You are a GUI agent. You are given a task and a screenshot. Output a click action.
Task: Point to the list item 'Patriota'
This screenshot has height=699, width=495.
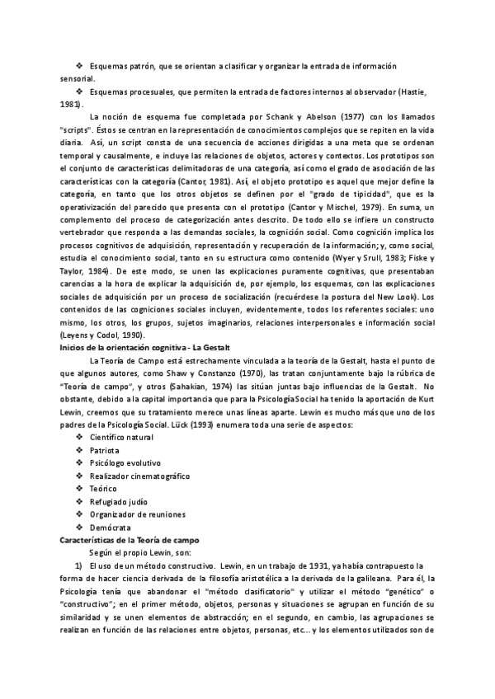pyautogui.click(x=104, y=451)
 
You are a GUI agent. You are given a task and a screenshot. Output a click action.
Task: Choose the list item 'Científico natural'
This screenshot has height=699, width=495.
pyautogui.click(x=121, y=437)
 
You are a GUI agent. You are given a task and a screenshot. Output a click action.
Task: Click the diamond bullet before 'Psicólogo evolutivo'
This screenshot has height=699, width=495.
pyautogui.click(x=78, y=463)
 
